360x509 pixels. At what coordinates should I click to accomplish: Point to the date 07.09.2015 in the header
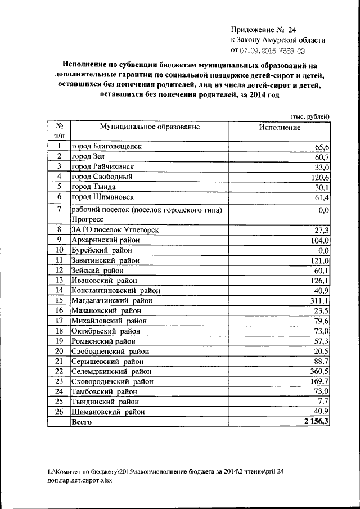click(x=263, y=51)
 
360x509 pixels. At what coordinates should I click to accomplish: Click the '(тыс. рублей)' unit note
click(x=309, y=116)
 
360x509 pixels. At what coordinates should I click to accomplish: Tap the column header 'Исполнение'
click(x=280, y=128)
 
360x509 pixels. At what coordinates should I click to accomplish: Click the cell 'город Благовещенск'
click(x=106, y=146)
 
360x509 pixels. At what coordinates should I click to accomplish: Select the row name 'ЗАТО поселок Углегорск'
click(x=115, y=230)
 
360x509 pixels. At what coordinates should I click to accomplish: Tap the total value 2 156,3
click(x=315, y=422)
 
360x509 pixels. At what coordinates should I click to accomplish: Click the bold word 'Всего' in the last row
click(x=81, y=422)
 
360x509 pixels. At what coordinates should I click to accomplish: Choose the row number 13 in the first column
click(x=58, y=280)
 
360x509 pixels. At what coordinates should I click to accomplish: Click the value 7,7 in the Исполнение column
click(x=323, y=402)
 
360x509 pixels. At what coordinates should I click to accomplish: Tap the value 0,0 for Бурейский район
click(x=323, y=250)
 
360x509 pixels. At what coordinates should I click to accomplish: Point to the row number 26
click(x=58, y=412)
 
